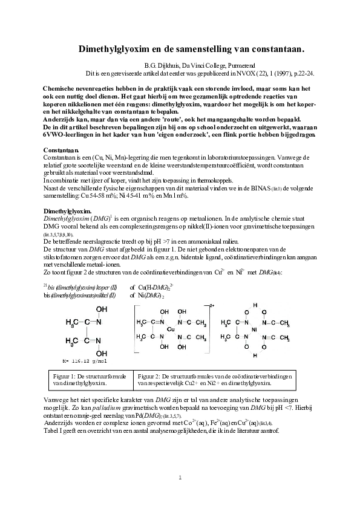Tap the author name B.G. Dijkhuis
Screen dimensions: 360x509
pyautogui.click(x=163, y=65)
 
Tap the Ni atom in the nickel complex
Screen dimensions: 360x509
pyautogui.click(x=254, y=329)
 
